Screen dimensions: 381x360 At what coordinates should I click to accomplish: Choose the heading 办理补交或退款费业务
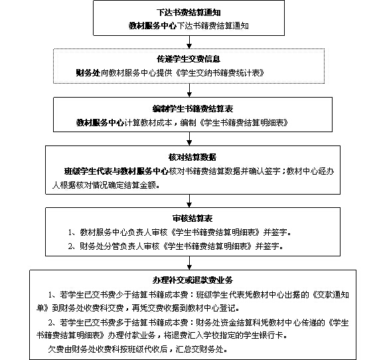[x=191, y=278]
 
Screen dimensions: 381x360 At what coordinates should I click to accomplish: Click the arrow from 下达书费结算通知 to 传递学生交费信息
[x=190, y=42]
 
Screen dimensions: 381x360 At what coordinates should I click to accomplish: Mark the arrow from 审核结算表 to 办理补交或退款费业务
[x=190, y=261]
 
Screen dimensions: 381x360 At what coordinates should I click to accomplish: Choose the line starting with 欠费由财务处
[x=133, y=349]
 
